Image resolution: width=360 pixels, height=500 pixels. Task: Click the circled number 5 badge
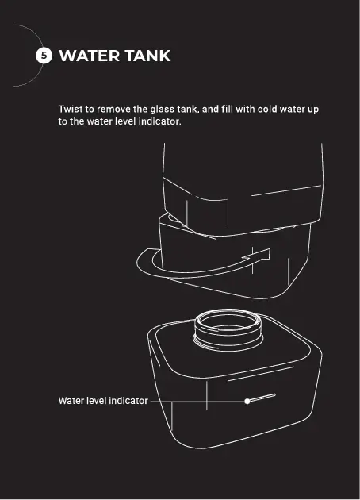44,56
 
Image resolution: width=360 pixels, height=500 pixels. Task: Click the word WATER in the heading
89,56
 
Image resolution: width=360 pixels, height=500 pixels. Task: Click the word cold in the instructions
267,109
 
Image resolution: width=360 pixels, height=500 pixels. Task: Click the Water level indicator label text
103,401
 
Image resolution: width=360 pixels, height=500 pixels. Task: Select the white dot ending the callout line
247,401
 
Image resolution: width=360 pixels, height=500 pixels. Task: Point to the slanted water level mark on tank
262,398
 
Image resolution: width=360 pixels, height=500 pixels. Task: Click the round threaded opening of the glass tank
228,329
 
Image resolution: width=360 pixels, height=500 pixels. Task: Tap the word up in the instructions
313,110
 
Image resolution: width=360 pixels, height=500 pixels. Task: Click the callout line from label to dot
197,401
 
